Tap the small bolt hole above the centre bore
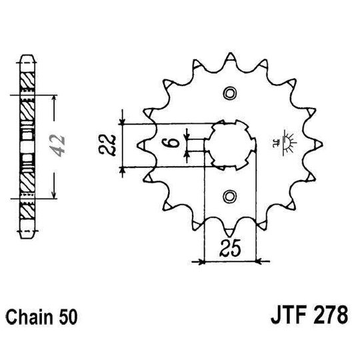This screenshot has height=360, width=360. pos(231,92)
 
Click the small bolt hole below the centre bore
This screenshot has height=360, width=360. pos(231,195)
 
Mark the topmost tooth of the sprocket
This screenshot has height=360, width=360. pos(231,53)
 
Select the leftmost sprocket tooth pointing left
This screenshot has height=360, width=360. pos(140,144)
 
